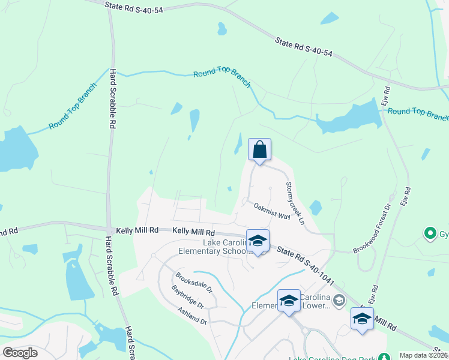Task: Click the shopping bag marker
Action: coord(259,150)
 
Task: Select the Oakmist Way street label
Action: coord(272,211)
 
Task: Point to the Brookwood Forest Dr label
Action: coord(372,227)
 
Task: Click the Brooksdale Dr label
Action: coord(194,283)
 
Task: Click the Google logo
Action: coord(20,353)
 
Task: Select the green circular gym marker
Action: coord(430,233)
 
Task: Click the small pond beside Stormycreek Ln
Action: coord(316,208)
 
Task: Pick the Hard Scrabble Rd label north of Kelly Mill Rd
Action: coord(112,99)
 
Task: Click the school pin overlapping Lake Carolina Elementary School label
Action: coord(258,241)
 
